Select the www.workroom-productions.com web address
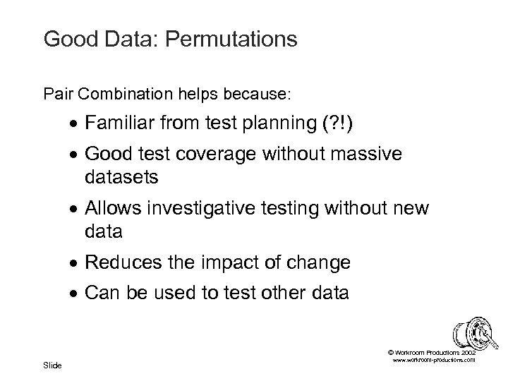433,360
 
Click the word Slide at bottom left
52,365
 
